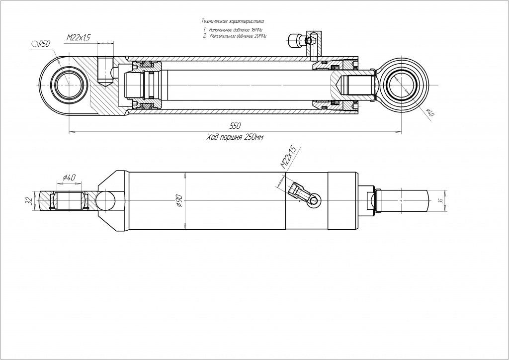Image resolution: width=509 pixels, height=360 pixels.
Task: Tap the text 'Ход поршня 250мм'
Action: coord(235,137)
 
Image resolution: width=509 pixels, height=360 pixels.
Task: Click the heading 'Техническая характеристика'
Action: coord(232,21)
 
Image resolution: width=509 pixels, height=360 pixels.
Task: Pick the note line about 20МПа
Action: coord(234,36)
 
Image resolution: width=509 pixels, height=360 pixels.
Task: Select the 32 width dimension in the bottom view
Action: coord(29,200)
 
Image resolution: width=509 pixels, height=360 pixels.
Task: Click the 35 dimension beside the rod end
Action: coord(440,200)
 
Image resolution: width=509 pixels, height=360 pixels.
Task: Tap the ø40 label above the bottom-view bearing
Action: coord(70,177)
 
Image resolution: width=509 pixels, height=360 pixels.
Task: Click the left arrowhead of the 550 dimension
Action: coord(70,132)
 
